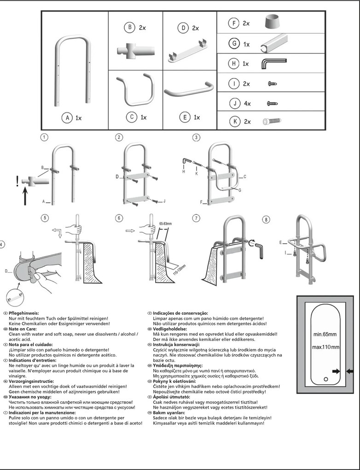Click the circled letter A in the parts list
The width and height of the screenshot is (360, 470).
coord(66,118)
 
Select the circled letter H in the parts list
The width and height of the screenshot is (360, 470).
coord(234,64)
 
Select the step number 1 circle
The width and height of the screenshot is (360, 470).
coord(44,137)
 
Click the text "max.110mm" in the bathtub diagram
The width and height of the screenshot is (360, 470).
coord(326,347)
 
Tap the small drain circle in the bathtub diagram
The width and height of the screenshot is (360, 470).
coord(326,379)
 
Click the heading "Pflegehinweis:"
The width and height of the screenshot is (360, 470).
coord(25,313)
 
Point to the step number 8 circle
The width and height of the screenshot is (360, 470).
coord(266,219)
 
